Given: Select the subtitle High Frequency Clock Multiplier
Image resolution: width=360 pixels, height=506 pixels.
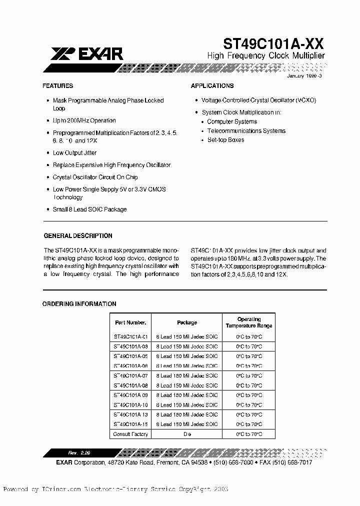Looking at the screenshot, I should [x=266, y=55].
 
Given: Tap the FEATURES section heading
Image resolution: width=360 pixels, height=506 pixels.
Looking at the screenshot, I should [x=58, y=86].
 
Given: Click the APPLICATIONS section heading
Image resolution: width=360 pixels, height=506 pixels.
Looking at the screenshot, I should [x=212, y=86].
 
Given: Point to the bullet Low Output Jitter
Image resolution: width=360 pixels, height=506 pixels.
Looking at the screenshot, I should [x=75, y=153].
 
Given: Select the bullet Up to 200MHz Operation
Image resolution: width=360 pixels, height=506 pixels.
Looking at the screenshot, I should [x=84, y=120].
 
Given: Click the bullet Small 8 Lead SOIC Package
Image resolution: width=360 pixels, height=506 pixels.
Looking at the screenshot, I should [x=89, y=209].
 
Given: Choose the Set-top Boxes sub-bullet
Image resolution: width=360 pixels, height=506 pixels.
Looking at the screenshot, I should [x=226, y=140].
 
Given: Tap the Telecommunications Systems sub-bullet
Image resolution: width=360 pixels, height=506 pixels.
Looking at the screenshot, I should [x=246, y=131].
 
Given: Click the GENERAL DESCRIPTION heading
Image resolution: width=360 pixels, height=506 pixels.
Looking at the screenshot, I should [x=78, y=236].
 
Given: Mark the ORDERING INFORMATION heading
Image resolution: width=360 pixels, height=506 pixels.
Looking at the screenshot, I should [x=79, y=304].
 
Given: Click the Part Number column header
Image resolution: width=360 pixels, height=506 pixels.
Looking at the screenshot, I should [x=130, y=322].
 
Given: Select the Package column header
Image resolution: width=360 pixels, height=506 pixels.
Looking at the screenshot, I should [x=187, y=322].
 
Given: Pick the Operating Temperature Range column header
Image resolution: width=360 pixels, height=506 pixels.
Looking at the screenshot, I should [x=248, y=322].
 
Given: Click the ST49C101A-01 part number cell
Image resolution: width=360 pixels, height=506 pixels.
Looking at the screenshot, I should [x=130, y=337].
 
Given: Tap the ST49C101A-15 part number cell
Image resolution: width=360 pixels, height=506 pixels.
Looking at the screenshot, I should [x=130, y=424].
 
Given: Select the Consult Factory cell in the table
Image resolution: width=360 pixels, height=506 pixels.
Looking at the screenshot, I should [x=130, y=434].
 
